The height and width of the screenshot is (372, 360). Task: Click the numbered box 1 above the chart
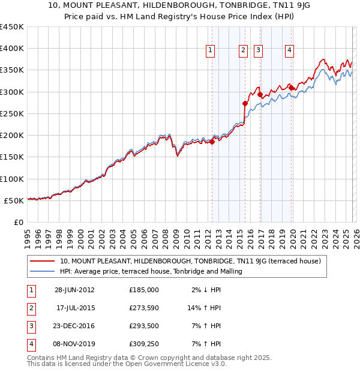tap(211, 51)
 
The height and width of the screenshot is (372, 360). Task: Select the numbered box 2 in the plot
tap(244, 51)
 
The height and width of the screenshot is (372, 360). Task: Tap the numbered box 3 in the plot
tap(259, 51)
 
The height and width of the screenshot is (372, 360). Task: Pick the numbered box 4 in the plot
tap(289, 51)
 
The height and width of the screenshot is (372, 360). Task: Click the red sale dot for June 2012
tap(212, 142)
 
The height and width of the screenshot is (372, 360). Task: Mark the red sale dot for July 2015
tap(245, 103)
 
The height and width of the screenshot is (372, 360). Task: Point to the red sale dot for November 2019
tap(291, 88)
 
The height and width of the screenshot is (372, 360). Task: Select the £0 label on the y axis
tap(18, 223)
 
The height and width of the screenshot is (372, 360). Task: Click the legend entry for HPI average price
tap(151, 271)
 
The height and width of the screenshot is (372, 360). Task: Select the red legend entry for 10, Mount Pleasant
tap(191, 261)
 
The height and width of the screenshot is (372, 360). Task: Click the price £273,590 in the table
tap(144, 309)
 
